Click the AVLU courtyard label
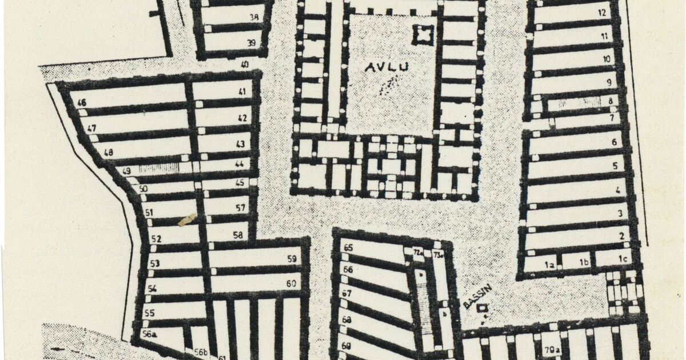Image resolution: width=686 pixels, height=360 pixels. click(x=387, y=67)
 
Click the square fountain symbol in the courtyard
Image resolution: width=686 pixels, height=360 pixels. click(x=423, y=35)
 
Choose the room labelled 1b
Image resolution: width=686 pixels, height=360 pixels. click(x=584, y=262)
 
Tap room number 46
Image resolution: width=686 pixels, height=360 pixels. click(x=82, y=103)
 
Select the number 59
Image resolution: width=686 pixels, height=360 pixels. click(x=292, y=259)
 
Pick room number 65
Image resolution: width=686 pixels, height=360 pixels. click(x=348, y=248)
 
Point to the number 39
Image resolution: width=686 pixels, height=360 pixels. click(x=251, y=43)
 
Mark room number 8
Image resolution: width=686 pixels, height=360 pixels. click(x=610, y=102)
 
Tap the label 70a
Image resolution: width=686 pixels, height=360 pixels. click(x=551, y=350)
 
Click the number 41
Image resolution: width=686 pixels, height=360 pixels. click(x=242, y=91)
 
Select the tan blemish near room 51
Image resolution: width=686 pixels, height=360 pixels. click(x=187, y=220)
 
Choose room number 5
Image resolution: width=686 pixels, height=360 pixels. click(x=615, y=166)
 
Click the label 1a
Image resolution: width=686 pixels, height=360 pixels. click(x=550, y=265)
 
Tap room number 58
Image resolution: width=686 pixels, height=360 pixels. click(x=238, y=234)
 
